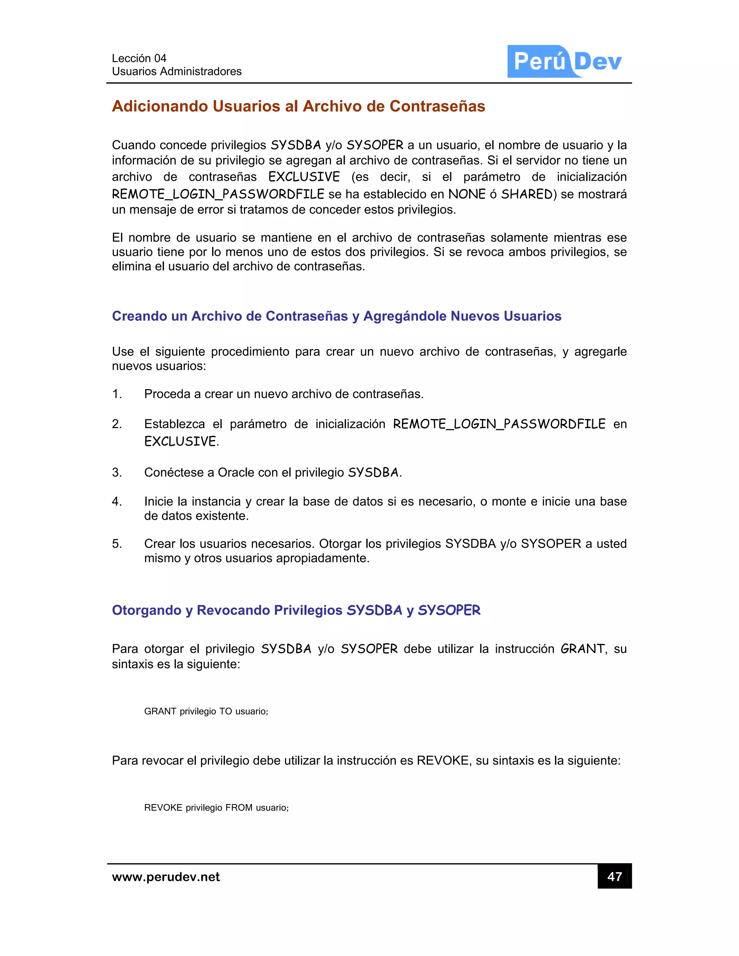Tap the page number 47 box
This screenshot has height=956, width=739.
[x=614, y=876]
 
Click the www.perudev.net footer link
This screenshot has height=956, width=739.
[x=166, y=877]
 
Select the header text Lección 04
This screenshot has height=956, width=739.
[x=139, y=58]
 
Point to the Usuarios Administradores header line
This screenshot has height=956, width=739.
[x=176, y=71]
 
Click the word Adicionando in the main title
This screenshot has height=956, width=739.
[x=160, y=106]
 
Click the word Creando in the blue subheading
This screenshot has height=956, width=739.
[x=139, y=316]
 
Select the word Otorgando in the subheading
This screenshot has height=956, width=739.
[x=146, y=610]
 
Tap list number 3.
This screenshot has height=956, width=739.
[x=117, y=472]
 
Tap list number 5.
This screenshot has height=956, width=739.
[x=117, y=544]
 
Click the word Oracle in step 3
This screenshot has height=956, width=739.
[x=236, y=473]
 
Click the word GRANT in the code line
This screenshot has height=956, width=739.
[x=160, y=711]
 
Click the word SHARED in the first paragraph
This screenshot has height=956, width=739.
[x=527, y=194]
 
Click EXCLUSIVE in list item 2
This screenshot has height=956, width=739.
[x=180, y=441]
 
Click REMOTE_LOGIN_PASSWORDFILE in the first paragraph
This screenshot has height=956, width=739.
[x=218, y=194]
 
